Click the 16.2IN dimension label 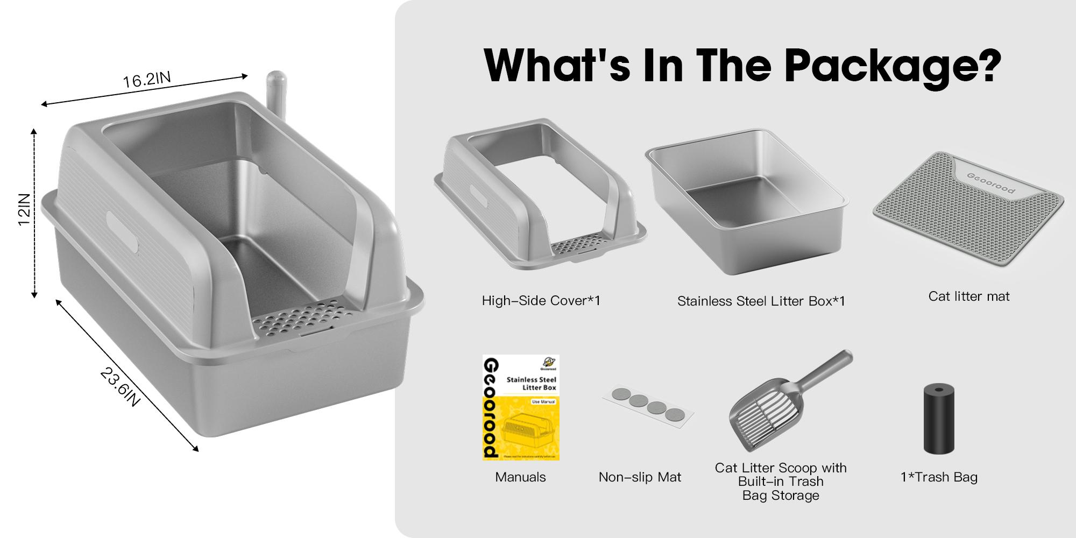pos(147,80)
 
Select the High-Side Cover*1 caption pos(541,301)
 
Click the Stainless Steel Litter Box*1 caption pos(761,301)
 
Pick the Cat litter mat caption pos(968,296)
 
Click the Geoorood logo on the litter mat pos(990,183)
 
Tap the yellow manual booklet pos(521,407)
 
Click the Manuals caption pos(520,477)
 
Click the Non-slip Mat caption pos(640,477)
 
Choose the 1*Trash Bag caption pos(939,477)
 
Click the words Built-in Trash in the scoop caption pos(781,482)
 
